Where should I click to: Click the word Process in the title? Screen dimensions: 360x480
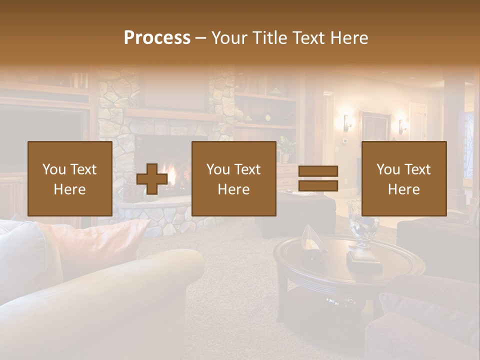pos(157,38)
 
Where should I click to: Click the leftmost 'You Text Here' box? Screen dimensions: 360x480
pos(70,179)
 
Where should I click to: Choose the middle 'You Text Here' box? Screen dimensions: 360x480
pos(233,179)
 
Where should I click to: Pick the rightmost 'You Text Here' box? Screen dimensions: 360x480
pos(403,179)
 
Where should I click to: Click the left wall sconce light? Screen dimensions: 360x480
pos(345,121)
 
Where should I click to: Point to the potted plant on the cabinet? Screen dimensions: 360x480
pos(286,148)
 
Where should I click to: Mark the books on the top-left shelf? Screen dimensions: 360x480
pos(78,80)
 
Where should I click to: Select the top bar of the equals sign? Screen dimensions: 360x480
pos(318,171)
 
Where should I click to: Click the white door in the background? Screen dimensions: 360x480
pos(418,122)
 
